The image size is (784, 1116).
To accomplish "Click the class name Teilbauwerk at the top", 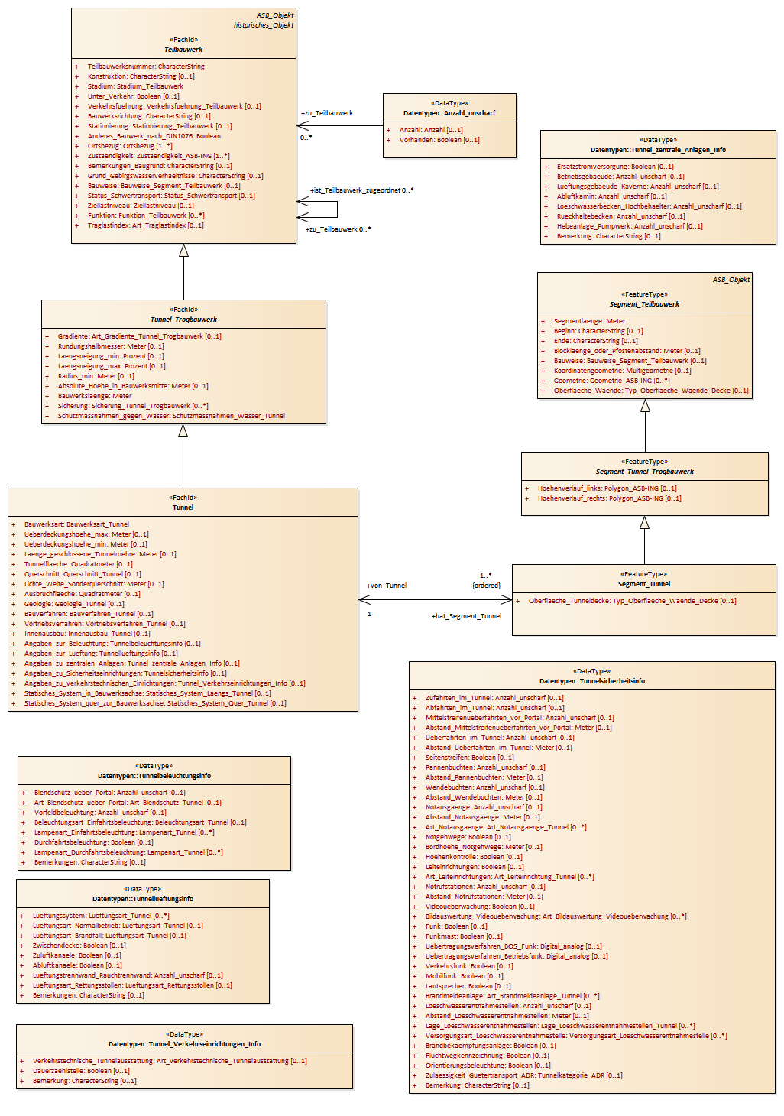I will (183, 50).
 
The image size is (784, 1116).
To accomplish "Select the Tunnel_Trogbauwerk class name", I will (183, 320).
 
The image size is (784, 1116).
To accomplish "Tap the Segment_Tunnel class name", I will (643, 584).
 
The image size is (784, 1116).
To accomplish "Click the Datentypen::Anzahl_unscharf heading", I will (449, 113).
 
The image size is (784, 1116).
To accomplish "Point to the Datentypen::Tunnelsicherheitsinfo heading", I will (591, 681).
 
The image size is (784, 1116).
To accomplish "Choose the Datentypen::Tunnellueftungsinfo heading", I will (143, 899).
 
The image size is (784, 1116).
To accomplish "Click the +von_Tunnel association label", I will (387, 586).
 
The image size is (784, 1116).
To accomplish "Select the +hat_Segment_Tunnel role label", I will (466, 616).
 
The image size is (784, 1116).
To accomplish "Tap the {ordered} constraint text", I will (486, 586).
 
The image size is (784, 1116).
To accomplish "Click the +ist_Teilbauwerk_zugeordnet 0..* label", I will (361, 190).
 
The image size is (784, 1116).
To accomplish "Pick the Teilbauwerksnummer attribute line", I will (145, 67).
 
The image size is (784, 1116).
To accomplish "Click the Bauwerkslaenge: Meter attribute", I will (95, 396).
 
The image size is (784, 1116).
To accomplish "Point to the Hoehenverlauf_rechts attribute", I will (609, 498).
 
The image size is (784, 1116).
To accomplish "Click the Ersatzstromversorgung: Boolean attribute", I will (615, 167).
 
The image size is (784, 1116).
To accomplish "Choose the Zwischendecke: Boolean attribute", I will (79, 946).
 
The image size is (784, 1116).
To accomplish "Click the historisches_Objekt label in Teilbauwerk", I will (264, 25).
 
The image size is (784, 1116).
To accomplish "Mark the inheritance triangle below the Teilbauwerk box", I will (183, 250).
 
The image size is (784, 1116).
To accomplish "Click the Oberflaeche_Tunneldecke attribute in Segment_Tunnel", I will (632, 601).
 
